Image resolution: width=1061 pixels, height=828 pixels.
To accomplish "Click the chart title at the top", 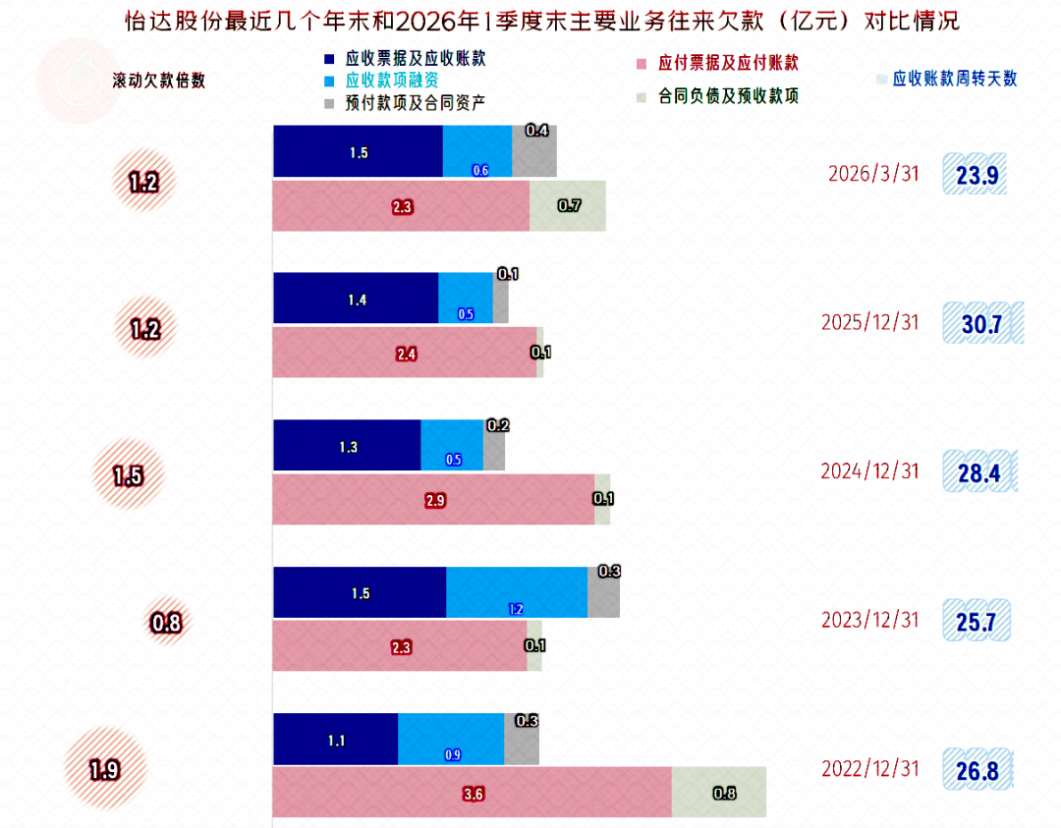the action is coord(542,21).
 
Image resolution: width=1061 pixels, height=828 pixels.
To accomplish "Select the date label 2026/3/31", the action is coord(873,174).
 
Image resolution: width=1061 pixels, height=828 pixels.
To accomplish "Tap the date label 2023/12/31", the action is coord(870,620).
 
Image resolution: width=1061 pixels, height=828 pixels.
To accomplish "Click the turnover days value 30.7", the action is coord(981,323).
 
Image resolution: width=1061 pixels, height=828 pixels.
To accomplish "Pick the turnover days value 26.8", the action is coord(977,770).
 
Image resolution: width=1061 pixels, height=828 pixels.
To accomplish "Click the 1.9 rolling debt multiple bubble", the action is coord(105,768).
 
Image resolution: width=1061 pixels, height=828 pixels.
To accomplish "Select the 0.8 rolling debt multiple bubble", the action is coord(166,622).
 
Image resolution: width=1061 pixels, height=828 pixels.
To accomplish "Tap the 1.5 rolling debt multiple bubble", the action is coord(128,474).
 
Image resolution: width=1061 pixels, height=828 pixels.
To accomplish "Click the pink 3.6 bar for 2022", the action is coord(473,792).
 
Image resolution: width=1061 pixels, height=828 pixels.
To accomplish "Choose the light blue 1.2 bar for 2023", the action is coord(517,592).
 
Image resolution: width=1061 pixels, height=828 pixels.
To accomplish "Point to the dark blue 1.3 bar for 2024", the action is coord(347,445).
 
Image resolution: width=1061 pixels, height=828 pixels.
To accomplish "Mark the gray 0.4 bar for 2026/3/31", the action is coord(534,151).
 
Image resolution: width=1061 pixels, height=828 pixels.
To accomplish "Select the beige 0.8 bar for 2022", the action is coord(718,792).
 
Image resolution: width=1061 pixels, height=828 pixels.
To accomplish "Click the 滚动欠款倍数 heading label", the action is coord(159,81).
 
